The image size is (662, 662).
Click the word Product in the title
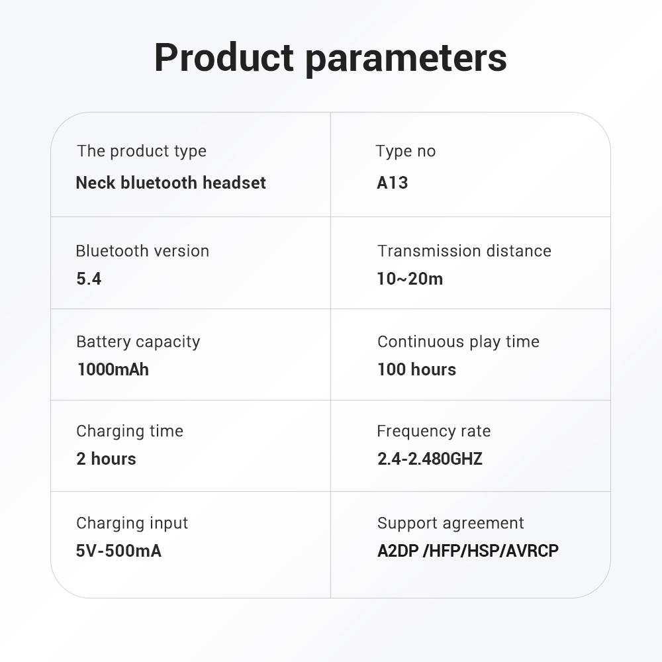pos(224,58)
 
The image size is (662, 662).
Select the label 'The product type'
pos(142,151)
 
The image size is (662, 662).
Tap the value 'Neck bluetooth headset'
pos(171,183)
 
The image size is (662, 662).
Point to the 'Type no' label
pos(406,151)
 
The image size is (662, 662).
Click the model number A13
pos(392,183)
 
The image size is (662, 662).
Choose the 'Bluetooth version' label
pos(142,251)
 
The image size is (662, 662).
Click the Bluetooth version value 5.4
pos(89,279)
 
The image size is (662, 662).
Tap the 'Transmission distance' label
pos(465,251)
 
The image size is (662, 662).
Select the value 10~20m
pos(410,279)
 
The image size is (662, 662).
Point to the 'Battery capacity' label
pos(138,342)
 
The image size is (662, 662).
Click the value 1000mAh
pos(113,369)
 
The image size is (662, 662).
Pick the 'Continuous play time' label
pos(459,342)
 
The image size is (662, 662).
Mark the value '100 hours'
pos(416,369)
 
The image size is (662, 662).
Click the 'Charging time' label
pos(130,432)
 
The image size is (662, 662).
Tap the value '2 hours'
pos(106,459)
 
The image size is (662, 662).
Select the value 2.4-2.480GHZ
pos(430,459)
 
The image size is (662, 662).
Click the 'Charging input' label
pos(132,524)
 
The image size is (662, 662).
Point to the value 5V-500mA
pos(118,551)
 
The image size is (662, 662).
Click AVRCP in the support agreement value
pos(532,551)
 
